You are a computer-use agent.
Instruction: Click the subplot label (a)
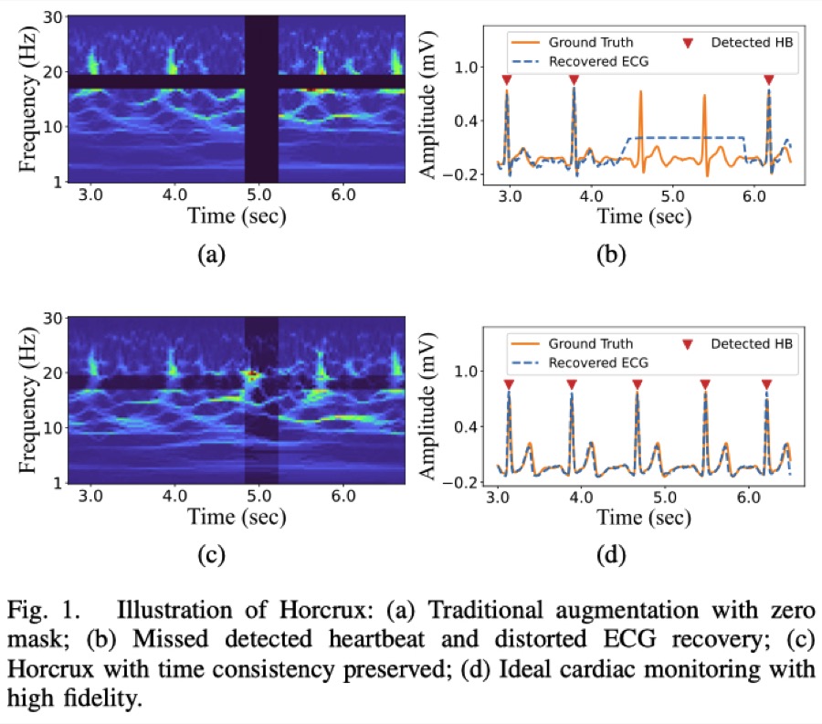(x=211, y=255)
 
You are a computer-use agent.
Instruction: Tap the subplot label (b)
(x=611, y=255)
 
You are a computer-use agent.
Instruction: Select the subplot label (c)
(x=211, y=555)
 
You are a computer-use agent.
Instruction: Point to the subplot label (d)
(x=611, y=555)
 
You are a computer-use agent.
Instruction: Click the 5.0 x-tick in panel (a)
(x=259, y=194)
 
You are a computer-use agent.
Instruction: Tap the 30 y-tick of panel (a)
(x=53, y=17)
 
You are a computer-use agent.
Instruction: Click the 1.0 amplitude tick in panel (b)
(x=466, y=67)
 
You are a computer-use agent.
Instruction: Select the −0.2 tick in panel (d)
(x=460, y=482)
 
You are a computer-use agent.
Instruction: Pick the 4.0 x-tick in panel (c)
(x=174, y=496)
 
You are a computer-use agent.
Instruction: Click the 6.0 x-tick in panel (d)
(x=749, y=498)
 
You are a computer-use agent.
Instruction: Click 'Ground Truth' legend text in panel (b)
(x=591, y=42)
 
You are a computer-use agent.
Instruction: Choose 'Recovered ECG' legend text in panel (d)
(x=598, y=362)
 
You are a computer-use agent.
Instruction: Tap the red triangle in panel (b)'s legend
(x=688, y=43)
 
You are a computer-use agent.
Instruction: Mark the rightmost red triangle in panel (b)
(x=769, y=79)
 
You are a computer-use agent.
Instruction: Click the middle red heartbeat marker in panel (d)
(x=638, y=384)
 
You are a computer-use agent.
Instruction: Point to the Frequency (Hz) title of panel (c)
(x=28, y=400)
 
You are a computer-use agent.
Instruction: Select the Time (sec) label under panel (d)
(x=644, y=518)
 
